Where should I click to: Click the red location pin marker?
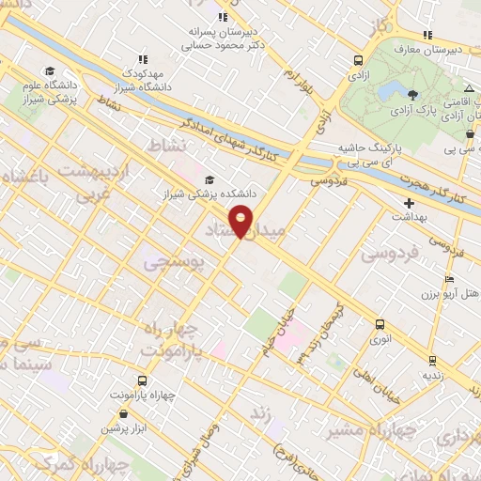coord(240,220)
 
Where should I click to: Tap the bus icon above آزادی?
coord(358,60)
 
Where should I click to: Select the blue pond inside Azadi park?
coord(389,90)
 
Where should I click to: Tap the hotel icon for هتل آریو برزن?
coord(449,280)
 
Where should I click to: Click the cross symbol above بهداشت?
coord(408,202)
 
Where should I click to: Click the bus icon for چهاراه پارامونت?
coord(141,380)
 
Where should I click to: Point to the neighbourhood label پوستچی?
coord(173,264)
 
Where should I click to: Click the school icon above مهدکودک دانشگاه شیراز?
coord(143,58)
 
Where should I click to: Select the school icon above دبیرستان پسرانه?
coord(223,16)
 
